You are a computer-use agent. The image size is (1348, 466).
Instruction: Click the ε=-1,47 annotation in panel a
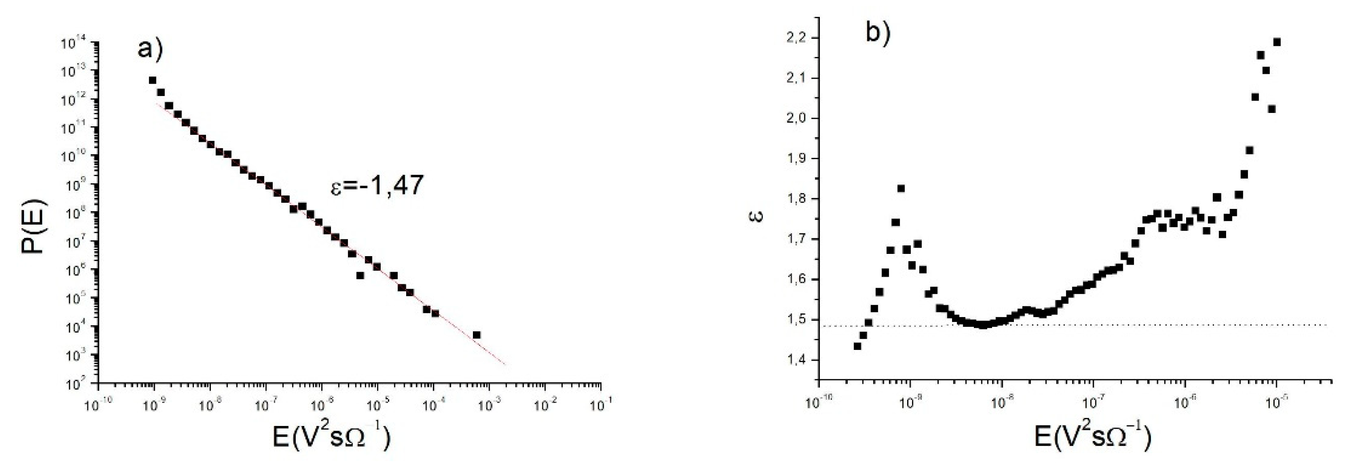[x=377, y=186]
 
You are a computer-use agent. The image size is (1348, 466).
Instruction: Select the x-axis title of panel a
[x=332, y=438]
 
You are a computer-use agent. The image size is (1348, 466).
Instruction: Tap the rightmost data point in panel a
[x=476, y=335]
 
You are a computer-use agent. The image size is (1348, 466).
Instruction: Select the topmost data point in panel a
[x=152, y=80]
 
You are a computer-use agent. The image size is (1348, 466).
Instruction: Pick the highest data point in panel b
[x=1277, y=42]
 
